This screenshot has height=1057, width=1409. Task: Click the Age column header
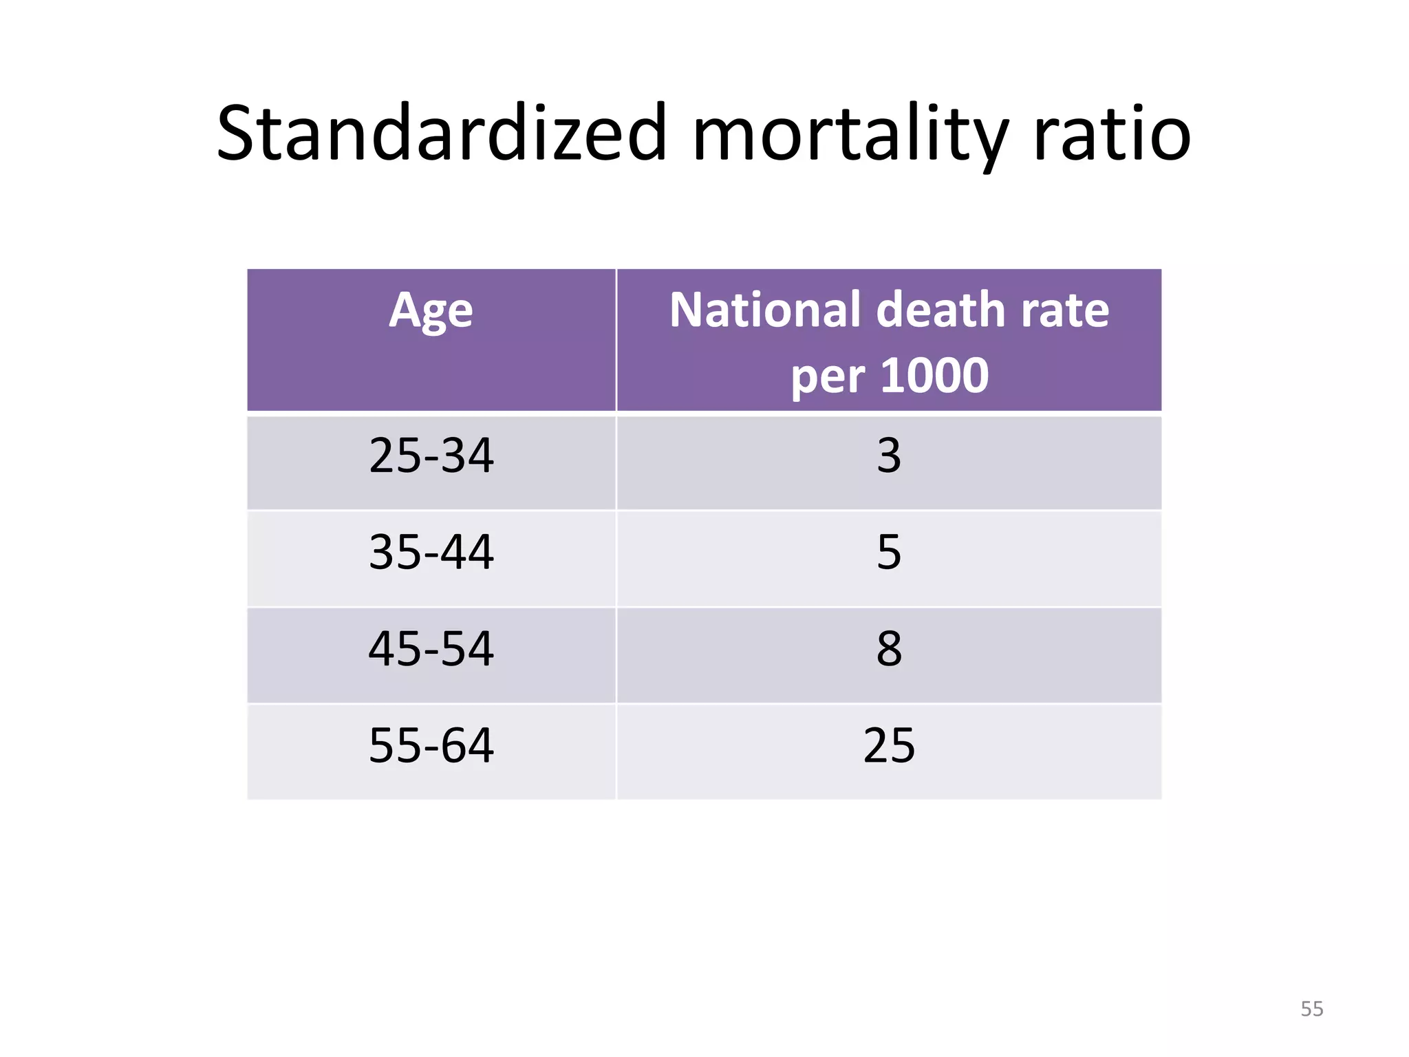[x=431, y=311]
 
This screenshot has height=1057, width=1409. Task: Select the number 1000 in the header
[x=934, y=376]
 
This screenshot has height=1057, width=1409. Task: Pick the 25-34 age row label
[x=431, y=456]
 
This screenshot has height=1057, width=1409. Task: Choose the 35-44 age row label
[x=431, y=552]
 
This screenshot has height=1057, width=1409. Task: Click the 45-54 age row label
[x=431, y=648]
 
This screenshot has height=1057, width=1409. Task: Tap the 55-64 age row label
[x=431, y=745]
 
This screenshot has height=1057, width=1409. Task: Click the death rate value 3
[x=889, y=456]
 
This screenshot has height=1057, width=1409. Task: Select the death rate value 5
[x=889, y=552]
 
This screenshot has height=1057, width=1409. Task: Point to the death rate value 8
[x=889, y=648]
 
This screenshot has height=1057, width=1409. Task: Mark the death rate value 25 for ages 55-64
[x=889, y=745]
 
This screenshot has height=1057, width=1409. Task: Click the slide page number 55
[x=1311, y=1009]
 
